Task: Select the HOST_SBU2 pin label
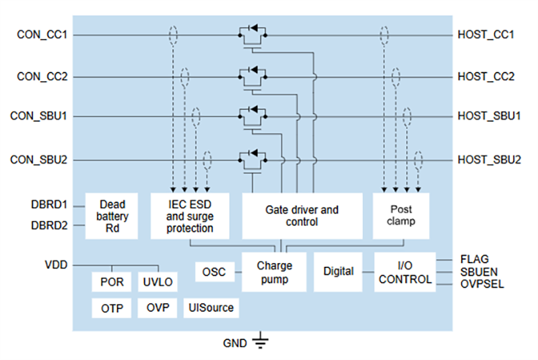pyautogui.click(x=489, y=159)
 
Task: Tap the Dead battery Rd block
pyautogui.click(x=112, y=216)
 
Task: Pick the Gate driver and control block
pyautogui.click(x=301, y=216)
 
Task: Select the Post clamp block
pyautogui.click(x=400, y=216)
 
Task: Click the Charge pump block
pyautogui.click(x=274, y=272)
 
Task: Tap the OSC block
pyautogui.click(x=213, y=272)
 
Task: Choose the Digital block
pyautogui.click(x=339, y=272)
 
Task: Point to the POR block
pyautogui.click(x=111, y=282)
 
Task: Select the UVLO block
pyautogui.click(x=157, y=282)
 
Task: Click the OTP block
pyautogui.click(x=111, y=308)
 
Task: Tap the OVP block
pyautogui.click(x=157, y=308)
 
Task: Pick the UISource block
pyautogui.click(x=211, y=308)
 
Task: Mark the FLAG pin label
pyautogui.click(x=474, y=259)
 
